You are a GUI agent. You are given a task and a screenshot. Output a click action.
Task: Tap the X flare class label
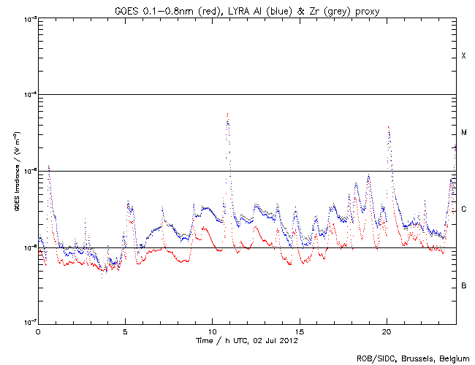pyautogui.click(x=463, y=56)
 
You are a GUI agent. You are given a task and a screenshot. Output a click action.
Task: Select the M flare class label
pyautogui.click(x=463, y=133)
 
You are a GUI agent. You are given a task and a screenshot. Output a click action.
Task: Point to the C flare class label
pyautogui.click(x=463, y=210)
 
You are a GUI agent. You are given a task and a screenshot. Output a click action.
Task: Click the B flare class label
pyautogui.click(x=463, y=285)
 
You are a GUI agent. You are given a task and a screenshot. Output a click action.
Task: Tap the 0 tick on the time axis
pyautogui.click(x=38, y=331)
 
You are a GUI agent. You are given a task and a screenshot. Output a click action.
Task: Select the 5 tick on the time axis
pyautogui.click(x=125, y=331)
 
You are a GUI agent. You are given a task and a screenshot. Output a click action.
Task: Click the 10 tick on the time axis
pyautogui.click(x=212, y=331)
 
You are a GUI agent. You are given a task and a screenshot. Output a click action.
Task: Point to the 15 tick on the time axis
pyautogui.click(x=299, y=331)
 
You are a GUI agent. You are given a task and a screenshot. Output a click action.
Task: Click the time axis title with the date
pyautogui.click(x=247, y=340)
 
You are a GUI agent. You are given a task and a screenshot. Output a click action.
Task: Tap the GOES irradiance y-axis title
pyautogui.click(x=15, y=172)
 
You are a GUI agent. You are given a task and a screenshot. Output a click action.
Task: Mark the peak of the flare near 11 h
pyautogui.click(x=228, y=114)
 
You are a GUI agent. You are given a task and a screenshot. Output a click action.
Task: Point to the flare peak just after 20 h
pyautogui.click(x=388, y=127)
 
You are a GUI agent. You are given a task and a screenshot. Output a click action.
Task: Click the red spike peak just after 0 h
pyautogui.click(x=48, y=166)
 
